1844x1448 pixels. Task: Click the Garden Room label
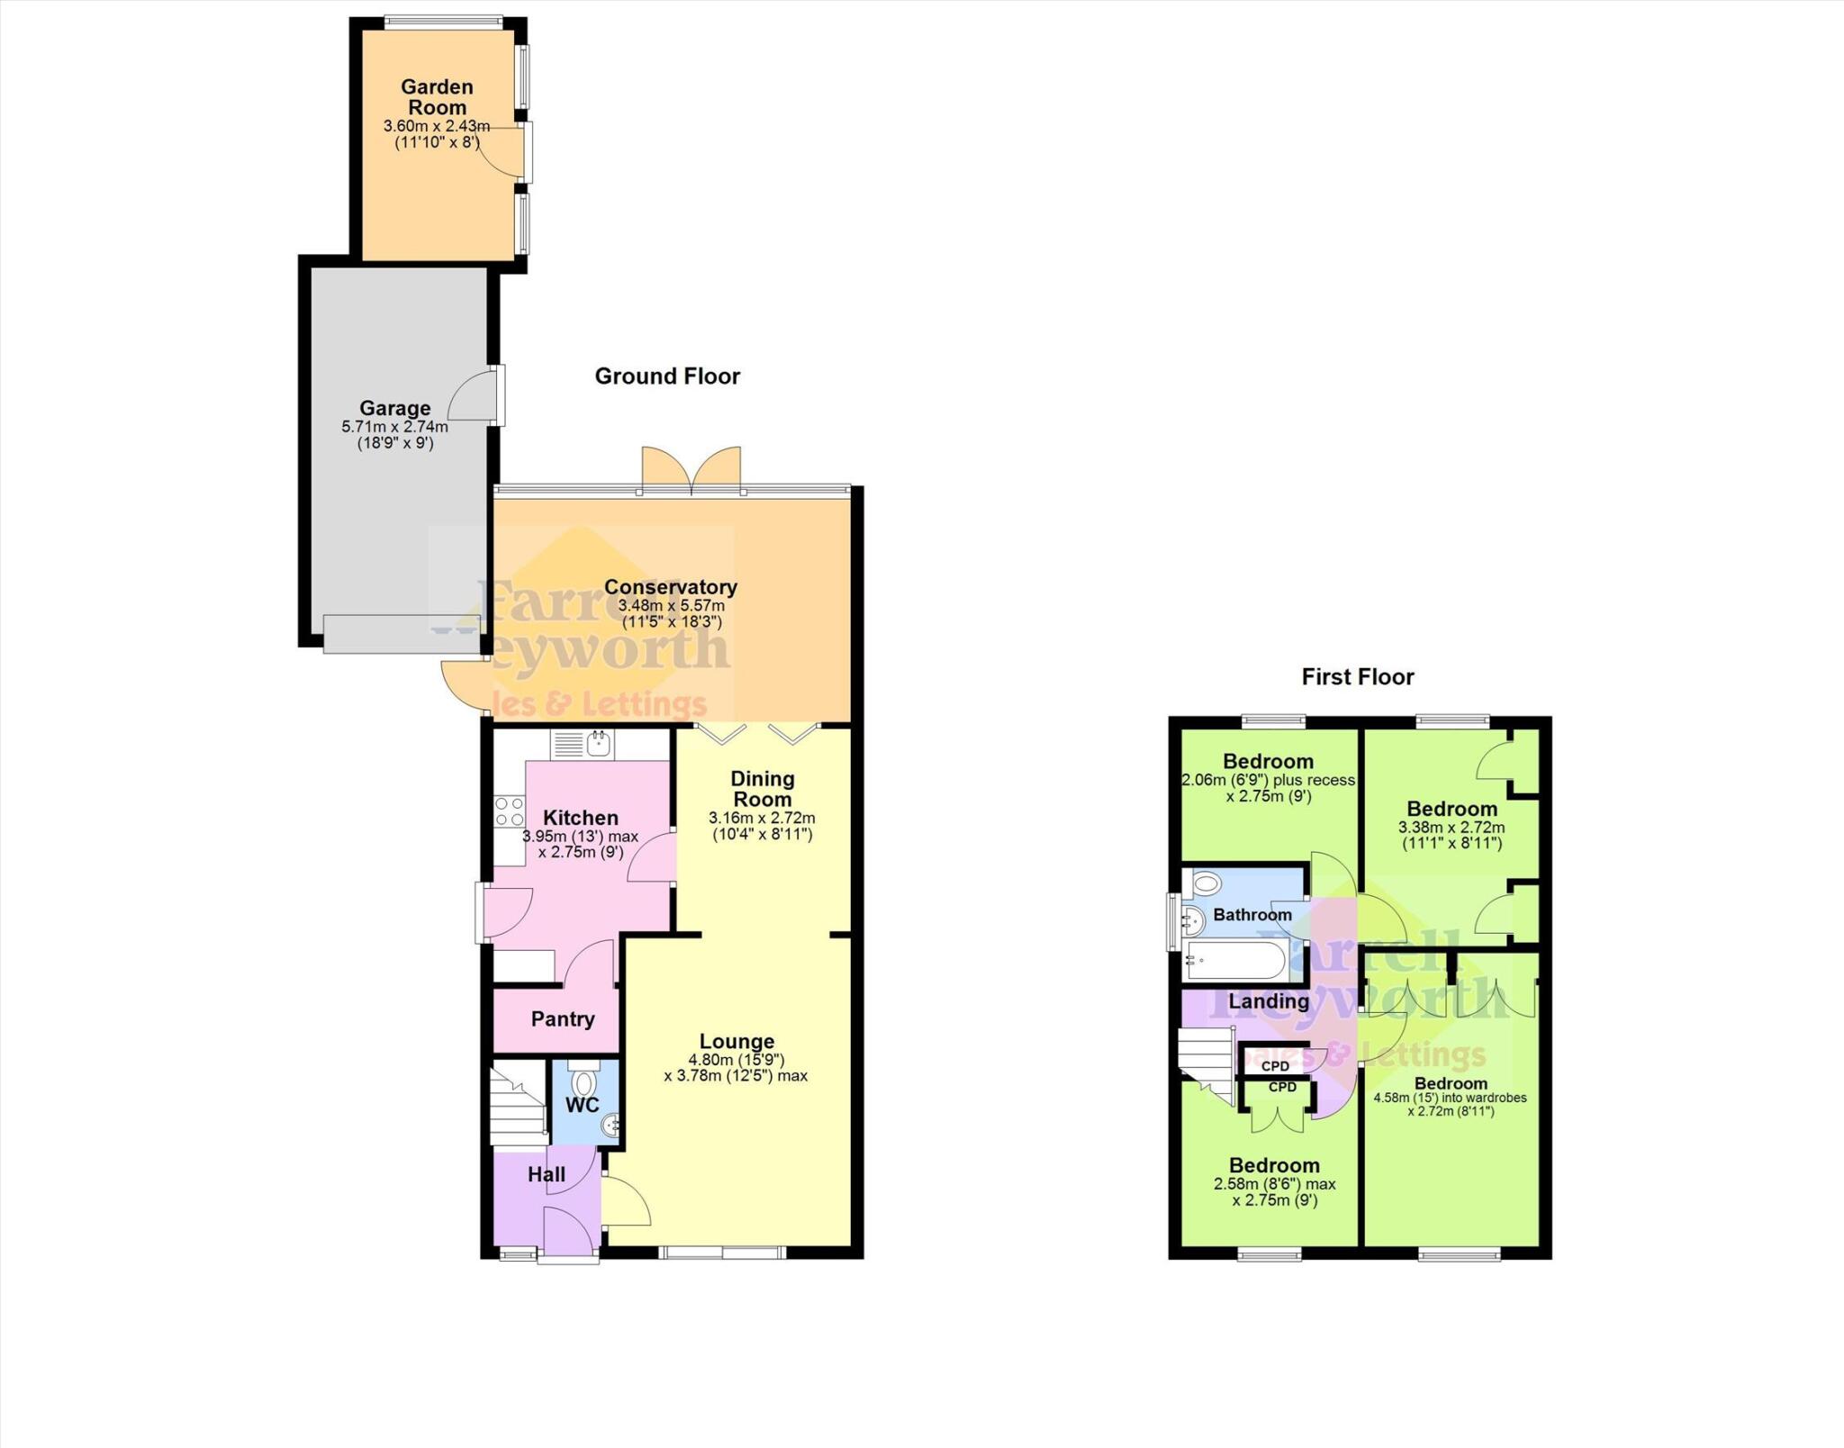[437, 97]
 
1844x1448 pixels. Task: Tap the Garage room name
[394, 408]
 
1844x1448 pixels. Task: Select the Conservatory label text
[671, 587]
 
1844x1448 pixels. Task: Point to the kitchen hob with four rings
[509, 811]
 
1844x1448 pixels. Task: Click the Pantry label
[563, 1018]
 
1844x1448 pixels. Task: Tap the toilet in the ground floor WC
[584, 1081]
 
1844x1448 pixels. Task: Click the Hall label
[547, 1174]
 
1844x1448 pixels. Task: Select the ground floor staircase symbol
[518, 1106]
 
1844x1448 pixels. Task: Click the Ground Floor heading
[667, 376]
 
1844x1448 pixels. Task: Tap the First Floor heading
[1358, 677]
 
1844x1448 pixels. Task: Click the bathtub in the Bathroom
[1236, 960]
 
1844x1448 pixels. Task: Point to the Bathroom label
[1252, 915]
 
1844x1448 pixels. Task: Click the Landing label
[1269, 1001]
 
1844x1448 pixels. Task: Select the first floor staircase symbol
[1206, 1062]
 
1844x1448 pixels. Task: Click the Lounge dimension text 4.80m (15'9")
[737, 1060]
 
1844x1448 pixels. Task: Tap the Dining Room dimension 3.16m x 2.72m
[762, 818]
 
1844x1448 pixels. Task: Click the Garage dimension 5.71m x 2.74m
[394, 427]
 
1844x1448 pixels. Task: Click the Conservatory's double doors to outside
[691, 470]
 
